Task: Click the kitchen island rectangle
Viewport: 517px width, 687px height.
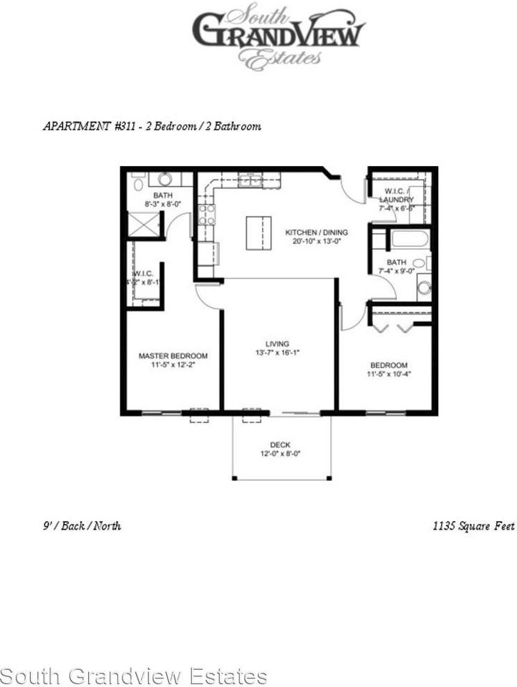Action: pyautogui.click(x=258, y=233)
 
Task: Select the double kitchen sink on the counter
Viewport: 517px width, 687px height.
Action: pyautogui.click(x=250, y=181)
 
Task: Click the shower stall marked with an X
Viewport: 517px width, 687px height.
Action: pyautogui.click(x=143, y=225)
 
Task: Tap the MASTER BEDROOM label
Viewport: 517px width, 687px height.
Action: pyautogui.click(x=173, y=356)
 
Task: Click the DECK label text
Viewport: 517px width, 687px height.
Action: pyautogui.click(x=280, y=445)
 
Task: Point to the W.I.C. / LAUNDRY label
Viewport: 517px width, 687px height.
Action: pyautogui.click(x=396, y=195)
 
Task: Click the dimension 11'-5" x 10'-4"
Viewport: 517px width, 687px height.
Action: pyautogui.click(x=389, y=373)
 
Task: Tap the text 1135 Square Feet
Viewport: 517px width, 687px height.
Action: pyautogui.click(x=473, y=526)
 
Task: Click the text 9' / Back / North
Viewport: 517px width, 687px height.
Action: pyautogui.click(x=82, y=526)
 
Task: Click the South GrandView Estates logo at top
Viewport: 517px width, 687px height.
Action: pyautogui.click(x=278, y=36)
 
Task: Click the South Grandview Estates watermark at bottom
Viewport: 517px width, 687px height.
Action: pyautogui.click(x=133, y=676)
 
